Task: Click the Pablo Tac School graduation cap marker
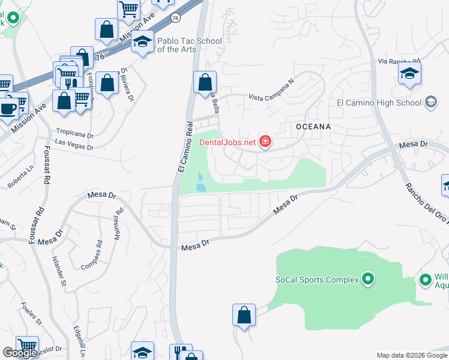click(x=142, y=42)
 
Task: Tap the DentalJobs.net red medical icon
click(x=265, y=142)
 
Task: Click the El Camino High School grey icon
click(x=430, y=103)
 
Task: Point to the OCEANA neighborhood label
click(x=313, y=127)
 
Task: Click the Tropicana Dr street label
click(x=75, y=135)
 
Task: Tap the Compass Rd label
click(x=99, y=254)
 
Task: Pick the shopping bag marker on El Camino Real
click(x=205, y=81)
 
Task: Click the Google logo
click(x=20, y=353)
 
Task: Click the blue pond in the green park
click(x=200, y=182)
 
